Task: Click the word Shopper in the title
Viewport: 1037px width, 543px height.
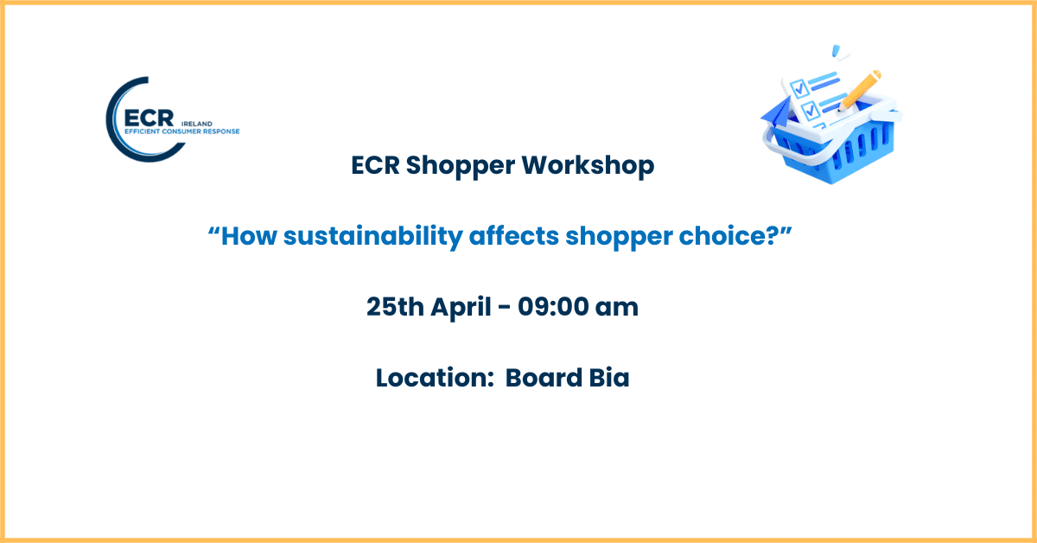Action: (x=460, y=166)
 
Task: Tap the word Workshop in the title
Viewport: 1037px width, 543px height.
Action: (x=588, y=165)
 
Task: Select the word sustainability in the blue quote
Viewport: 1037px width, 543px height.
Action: (x=373, y=236)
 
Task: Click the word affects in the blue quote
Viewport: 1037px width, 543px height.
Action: (x=514, y=235)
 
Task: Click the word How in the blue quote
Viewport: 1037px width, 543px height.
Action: (x=249, y=236)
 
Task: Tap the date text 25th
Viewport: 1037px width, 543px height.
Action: (x=395, y=307)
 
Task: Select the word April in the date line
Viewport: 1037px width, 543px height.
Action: (x=461, y=308)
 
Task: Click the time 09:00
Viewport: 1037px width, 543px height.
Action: (x=552, y=307)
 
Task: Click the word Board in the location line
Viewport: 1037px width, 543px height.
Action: (x=544, y=378)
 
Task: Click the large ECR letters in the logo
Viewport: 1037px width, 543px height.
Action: (x=149, y=118)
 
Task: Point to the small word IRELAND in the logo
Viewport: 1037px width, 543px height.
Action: (x=197, y=124)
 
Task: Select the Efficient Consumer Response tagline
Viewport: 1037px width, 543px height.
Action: (x=182, y=131)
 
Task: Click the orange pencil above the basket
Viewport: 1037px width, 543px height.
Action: (x=859, y=90)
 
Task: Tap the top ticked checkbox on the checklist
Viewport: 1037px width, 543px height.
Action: (x=799, y=88)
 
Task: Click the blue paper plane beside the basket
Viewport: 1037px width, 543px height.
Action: (x=778, y=112)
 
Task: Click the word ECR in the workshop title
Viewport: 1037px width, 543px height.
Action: (x=375, y=165)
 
